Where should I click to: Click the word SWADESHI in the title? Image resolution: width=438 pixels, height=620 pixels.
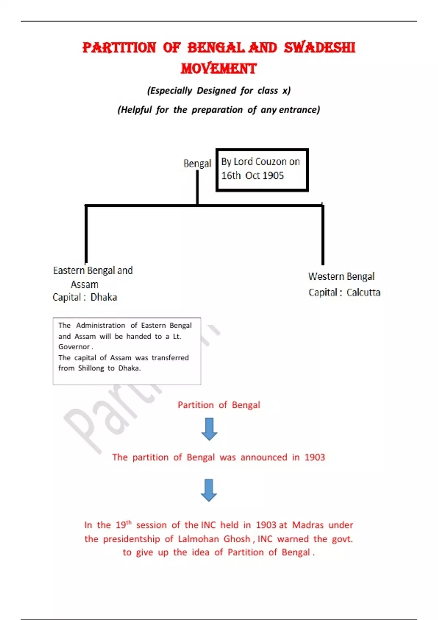click(319, 48)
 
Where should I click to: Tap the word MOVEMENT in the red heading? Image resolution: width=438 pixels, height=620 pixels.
click(219, 69)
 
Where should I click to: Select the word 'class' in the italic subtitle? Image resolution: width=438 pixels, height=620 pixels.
click(268, 90)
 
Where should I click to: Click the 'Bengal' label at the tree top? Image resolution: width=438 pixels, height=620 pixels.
click(197, 163)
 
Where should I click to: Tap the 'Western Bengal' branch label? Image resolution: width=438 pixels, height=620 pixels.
click(341, 276)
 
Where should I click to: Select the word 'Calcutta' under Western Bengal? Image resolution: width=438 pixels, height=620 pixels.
click(363, 292)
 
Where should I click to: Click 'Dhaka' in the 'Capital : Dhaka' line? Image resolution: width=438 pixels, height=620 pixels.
click(104, 297)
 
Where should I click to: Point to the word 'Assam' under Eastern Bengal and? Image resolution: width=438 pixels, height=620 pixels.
click(84, 284)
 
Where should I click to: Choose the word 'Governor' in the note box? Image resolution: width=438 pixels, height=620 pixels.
click(74, 347)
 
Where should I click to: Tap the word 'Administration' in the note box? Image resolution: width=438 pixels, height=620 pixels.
click(100, 325)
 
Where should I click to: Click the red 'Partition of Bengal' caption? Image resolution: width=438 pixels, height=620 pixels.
click(219, 405)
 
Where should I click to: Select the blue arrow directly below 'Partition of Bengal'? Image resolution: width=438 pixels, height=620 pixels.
click(209, 429)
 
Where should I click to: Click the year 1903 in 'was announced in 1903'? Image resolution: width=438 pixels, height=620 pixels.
click(315, 457)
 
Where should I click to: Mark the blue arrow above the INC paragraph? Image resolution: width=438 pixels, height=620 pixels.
click(209, 490)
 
